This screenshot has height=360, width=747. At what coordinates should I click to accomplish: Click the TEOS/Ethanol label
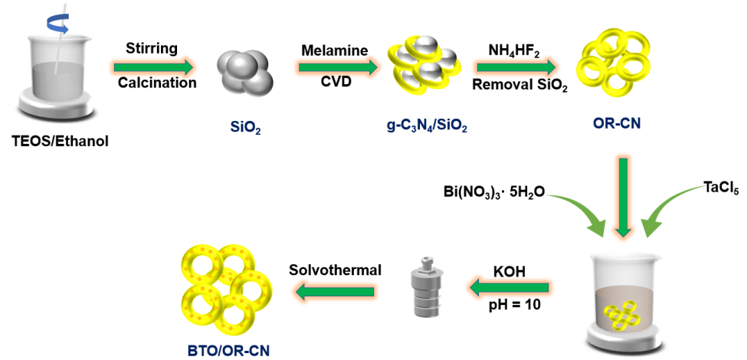pos(61,139)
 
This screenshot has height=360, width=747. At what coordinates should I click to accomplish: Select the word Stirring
pos(152,49)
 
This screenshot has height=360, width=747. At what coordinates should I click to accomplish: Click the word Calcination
pos(156,83)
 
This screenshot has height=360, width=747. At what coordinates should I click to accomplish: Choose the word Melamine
pos(334,50)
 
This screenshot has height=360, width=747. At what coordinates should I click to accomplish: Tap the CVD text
pos(336,82)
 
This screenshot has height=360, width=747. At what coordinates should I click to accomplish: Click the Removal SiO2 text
pos(519,87)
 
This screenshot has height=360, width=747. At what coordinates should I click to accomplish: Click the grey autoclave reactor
pos(425,287)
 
